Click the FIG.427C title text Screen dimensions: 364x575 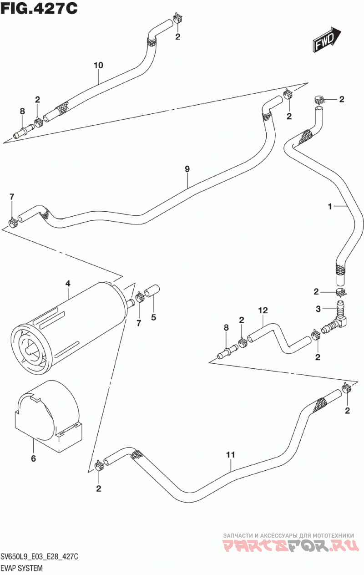(39, 9)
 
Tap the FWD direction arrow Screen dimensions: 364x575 (327, 40)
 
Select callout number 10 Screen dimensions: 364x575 (98, 65)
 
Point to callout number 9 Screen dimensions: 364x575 (187, 169)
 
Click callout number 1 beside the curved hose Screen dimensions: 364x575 (330, 206)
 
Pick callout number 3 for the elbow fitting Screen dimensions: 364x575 (318, 309)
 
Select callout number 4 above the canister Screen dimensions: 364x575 (68, 284)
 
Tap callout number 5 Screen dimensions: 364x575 (153, 317)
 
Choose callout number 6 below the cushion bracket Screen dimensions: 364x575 (34, 458)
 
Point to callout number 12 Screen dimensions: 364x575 (263, 310)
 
